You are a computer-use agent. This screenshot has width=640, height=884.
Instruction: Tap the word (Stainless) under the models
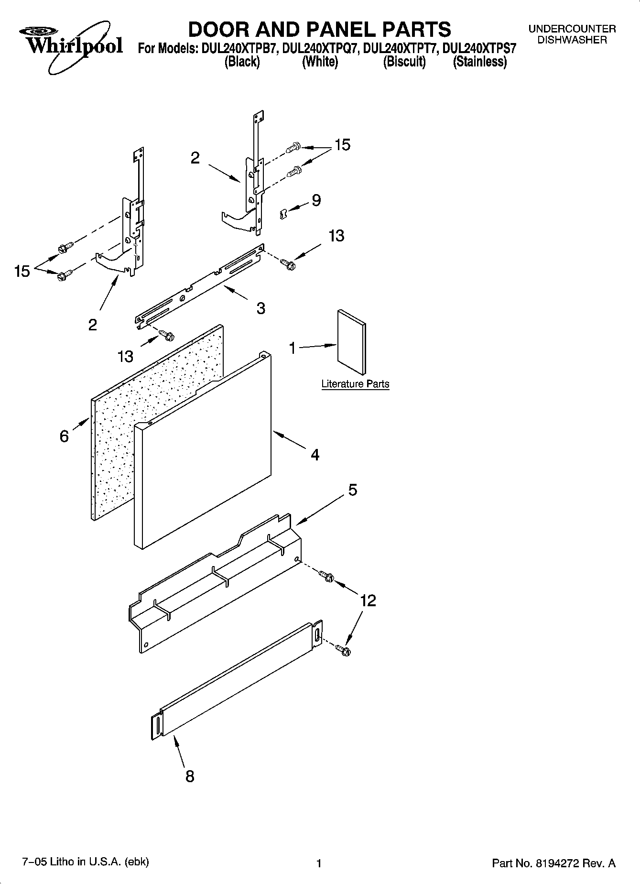[x=479, y=62]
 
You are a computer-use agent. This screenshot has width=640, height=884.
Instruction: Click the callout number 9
[x=316, y=200]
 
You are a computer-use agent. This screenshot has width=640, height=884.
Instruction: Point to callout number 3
[x=260, y=308]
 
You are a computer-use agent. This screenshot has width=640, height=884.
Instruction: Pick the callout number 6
[x=64, y=436]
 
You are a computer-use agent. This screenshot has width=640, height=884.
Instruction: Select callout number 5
[x=352, y=490]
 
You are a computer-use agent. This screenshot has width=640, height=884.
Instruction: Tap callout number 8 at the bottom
[x=190, y=776]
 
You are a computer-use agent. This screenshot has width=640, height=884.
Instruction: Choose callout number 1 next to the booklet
[x=293, y=348]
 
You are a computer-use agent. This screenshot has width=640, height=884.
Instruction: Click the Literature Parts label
[x=355, y=384]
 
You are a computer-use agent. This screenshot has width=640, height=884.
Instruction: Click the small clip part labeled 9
[x=283, y=214]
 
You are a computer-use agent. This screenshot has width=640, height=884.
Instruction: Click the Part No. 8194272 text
[x=553, y=863]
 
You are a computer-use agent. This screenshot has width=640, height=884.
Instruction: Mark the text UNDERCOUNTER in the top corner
[x=572, y=29]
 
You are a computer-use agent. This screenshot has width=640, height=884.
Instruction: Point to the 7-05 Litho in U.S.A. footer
[x=86, y=862]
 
